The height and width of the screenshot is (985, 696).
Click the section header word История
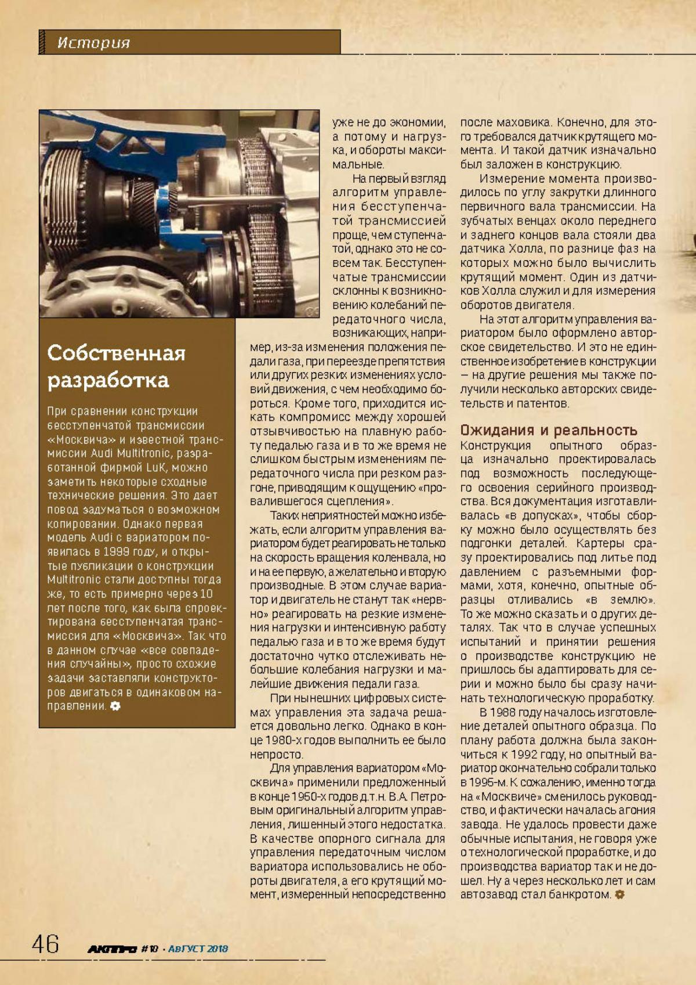tap(93, 43)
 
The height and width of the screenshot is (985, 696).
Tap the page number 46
tap(45, 944)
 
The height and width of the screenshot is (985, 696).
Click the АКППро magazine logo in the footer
tap(112, 949)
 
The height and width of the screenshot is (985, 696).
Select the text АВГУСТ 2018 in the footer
tap(198, 949)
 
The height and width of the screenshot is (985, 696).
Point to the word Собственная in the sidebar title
tap(116, 353)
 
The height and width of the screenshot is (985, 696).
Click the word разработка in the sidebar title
tap(108, 380)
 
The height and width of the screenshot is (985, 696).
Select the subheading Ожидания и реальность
tap(548, 430)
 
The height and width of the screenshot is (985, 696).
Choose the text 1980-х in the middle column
tap(286, 741)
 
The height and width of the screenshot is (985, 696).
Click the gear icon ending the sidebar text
tap(115, 706)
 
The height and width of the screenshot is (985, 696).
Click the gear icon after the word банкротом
tap(619, 895)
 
